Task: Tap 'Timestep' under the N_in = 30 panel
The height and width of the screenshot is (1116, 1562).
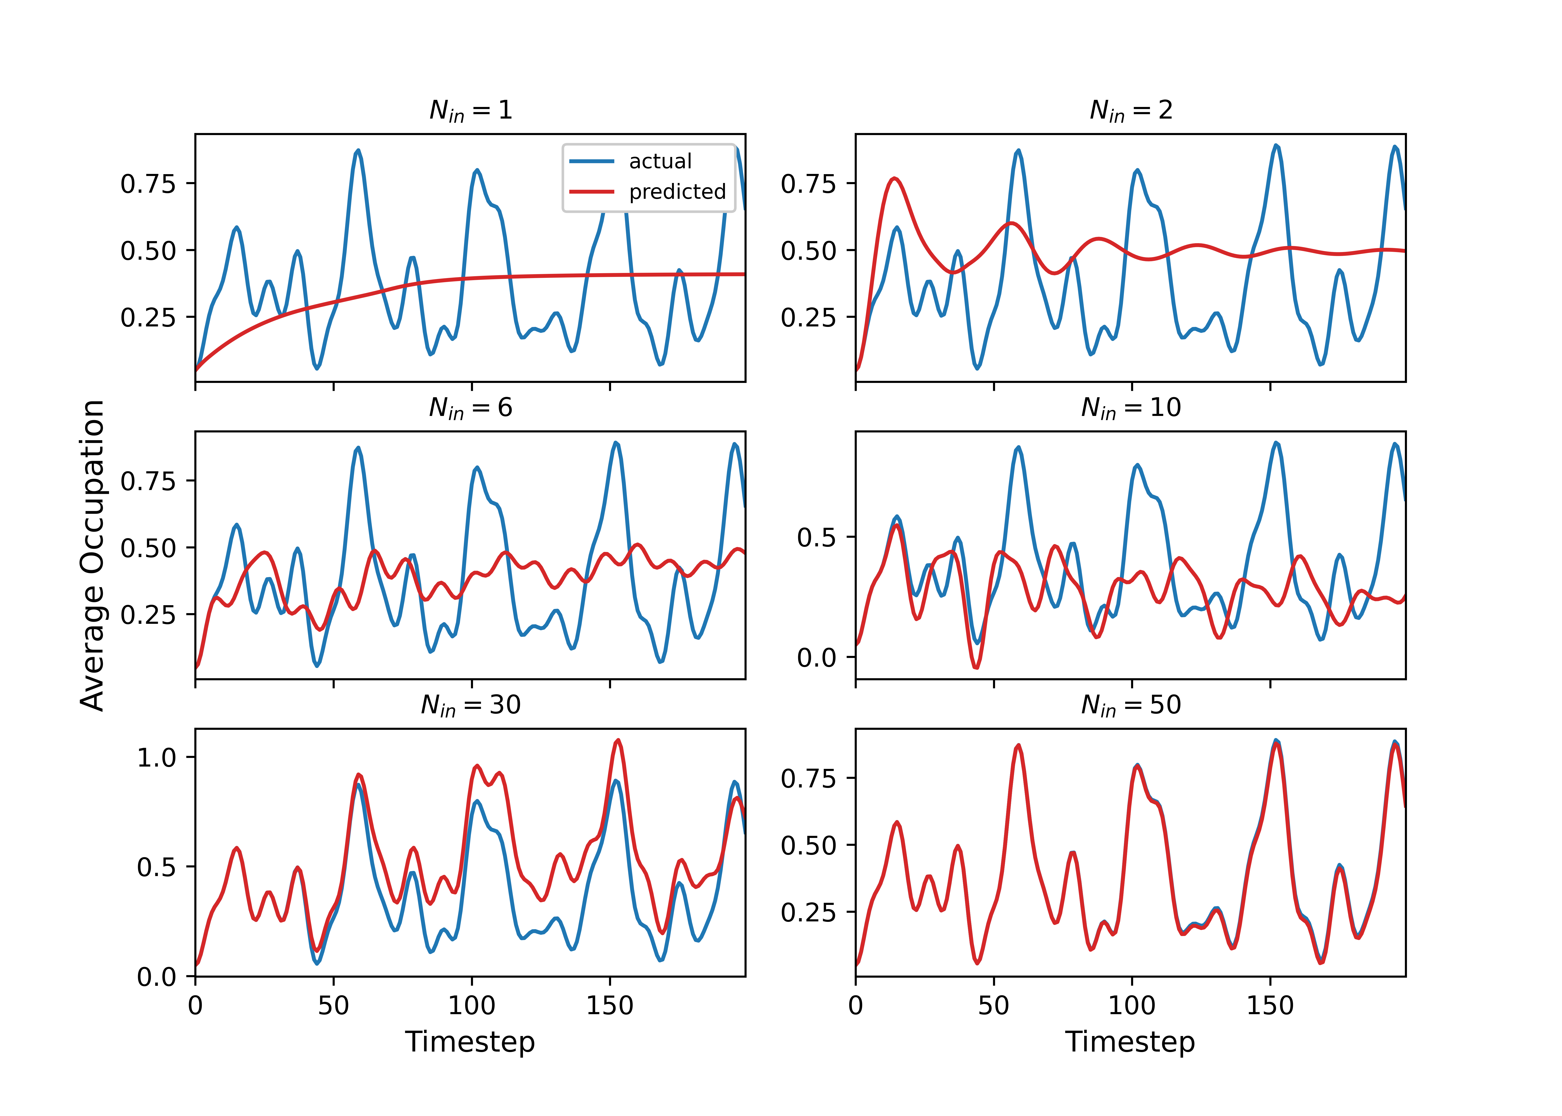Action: [x=470, y=1042]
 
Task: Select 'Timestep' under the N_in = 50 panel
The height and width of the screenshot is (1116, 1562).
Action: [x=1130, y=1042]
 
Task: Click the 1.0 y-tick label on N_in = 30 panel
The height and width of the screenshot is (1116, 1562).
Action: [x=157, y=758]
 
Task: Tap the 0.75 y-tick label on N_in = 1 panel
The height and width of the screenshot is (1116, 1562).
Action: [x=148, y=184]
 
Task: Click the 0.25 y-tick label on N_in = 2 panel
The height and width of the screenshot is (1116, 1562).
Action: [x=808, y=318]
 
